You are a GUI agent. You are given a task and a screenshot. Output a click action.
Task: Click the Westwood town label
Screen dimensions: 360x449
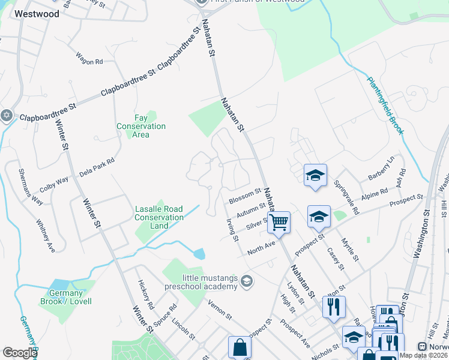tap(37, 13)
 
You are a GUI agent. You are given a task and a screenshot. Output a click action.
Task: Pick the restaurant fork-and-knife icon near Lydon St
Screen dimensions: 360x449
tap(333, 306)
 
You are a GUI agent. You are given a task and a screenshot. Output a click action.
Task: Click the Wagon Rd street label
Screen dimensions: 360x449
tap(89, 59)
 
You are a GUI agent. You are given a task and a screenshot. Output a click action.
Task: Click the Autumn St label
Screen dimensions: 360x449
tap(251, 210)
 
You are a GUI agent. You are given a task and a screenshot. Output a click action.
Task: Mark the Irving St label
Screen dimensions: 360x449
tap(233, 230)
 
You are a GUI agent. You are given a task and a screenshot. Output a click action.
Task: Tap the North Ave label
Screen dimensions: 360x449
tap(262, 247)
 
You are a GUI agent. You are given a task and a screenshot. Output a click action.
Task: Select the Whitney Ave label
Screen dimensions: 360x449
tap(46, 235)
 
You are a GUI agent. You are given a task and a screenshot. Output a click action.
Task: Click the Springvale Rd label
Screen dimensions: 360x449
tap(346, 197)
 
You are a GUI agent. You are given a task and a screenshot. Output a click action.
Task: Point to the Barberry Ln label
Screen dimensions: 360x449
tap(381, 169)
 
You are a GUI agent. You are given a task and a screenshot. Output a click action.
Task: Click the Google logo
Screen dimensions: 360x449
tap(20, 353)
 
